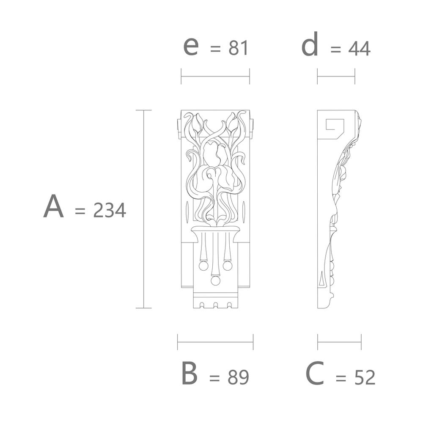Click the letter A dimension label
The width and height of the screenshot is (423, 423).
coord(53,206)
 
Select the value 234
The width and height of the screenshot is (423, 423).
coord(110,210)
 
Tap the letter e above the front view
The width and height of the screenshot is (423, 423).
coord(191,46)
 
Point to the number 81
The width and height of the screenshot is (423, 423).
coord(238,48)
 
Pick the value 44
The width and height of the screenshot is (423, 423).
coord(359,49)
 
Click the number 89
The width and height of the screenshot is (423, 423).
coord(238,377)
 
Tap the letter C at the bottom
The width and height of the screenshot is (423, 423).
coord(315,374)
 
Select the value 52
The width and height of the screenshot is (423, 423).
coord(365,377)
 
